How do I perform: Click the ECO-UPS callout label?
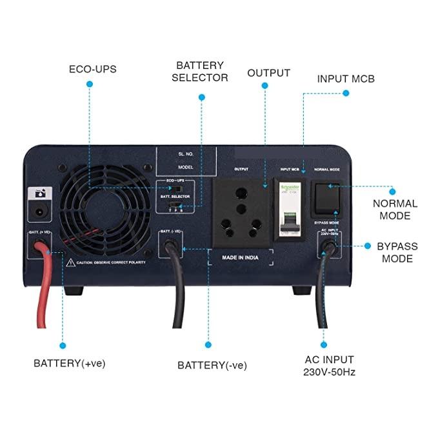pos(92,68)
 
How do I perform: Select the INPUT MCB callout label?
pos(346,79)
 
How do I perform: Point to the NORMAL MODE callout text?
pos(395,209)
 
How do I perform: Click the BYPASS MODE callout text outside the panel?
pos(397,252)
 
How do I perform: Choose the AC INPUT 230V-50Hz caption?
pos(329,365)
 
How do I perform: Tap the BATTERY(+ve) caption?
pos(69,363)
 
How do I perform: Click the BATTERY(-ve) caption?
pos(212,365)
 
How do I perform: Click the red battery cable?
pos(44,284)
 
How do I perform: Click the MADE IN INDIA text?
pos(241,257)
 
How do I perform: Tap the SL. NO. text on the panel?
pos(187,155)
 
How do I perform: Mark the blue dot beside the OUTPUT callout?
pos(264,92)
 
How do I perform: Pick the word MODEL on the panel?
pos(186,166)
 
